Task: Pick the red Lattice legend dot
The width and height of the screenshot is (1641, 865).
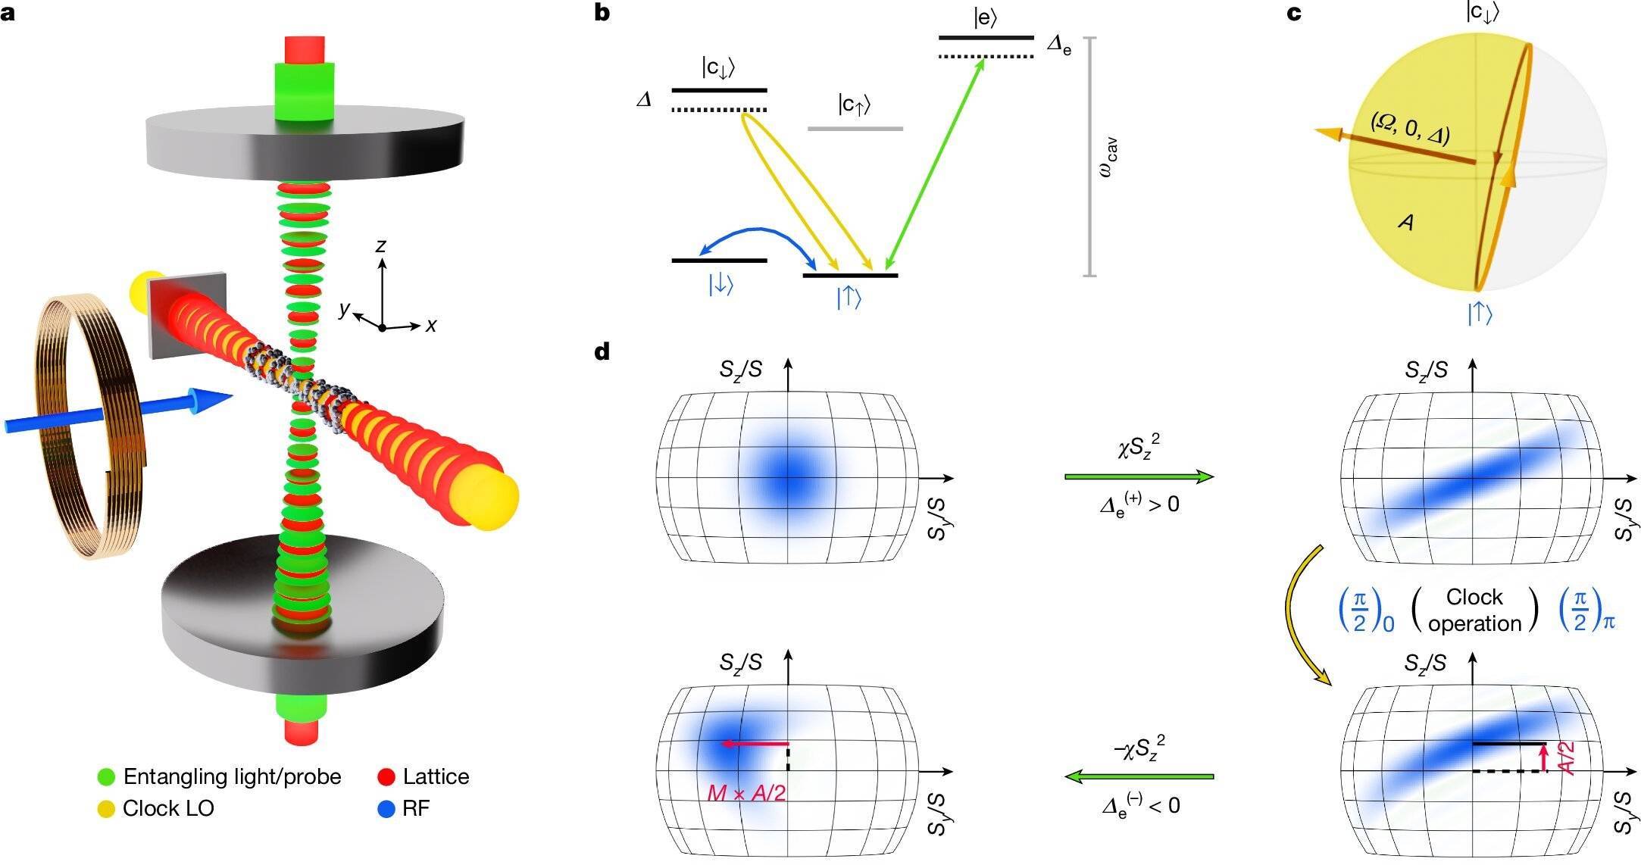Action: click(386, 776)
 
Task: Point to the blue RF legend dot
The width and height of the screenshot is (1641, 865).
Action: click(386, 808)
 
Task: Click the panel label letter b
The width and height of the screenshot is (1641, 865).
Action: click(602, 13)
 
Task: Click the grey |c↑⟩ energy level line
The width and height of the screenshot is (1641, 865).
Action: click(855, 129)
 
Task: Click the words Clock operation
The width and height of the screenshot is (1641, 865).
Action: click(1474, 610)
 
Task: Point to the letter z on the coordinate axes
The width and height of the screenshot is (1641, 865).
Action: click(381, 245)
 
